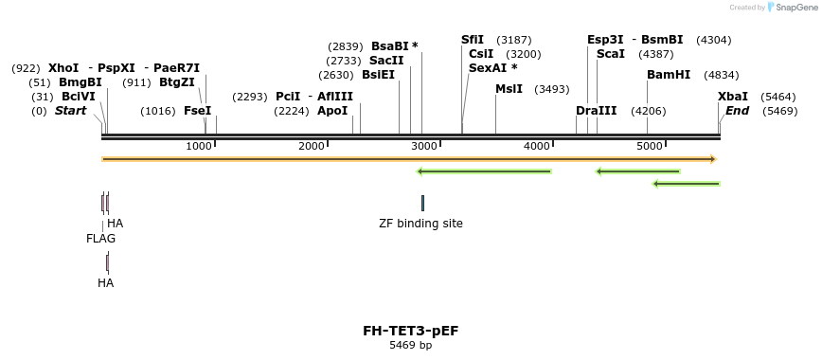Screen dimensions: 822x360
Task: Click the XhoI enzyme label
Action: coord(64,68)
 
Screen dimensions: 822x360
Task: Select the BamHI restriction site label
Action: coord(669,75)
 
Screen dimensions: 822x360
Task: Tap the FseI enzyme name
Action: coord(197,111)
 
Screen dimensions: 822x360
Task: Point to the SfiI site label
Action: coord(473,40)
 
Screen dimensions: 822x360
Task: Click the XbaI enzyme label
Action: coord(733,97)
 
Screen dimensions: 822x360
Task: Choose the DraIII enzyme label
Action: coord(596,111)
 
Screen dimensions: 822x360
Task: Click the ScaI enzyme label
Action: coord(611,54)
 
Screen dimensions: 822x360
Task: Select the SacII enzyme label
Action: coord(388,61)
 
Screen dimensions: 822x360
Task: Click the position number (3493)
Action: coord(552,89)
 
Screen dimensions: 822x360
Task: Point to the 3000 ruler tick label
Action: coord(424,146)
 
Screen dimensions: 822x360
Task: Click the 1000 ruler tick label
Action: coord(199,146)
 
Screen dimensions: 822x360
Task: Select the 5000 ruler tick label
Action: coord(650,146)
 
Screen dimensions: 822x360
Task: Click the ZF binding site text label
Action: coord(421,224)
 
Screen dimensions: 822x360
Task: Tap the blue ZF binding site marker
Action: coord(422,203)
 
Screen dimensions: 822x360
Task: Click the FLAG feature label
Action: coord(100,239)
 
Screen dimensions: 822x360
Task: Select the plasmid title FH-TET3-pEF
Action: coord(410,331)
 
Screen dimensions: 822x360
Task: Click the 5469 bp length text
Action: coord(410,346)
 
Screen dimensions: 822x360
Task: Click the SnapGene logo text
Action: coord(792,7)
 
